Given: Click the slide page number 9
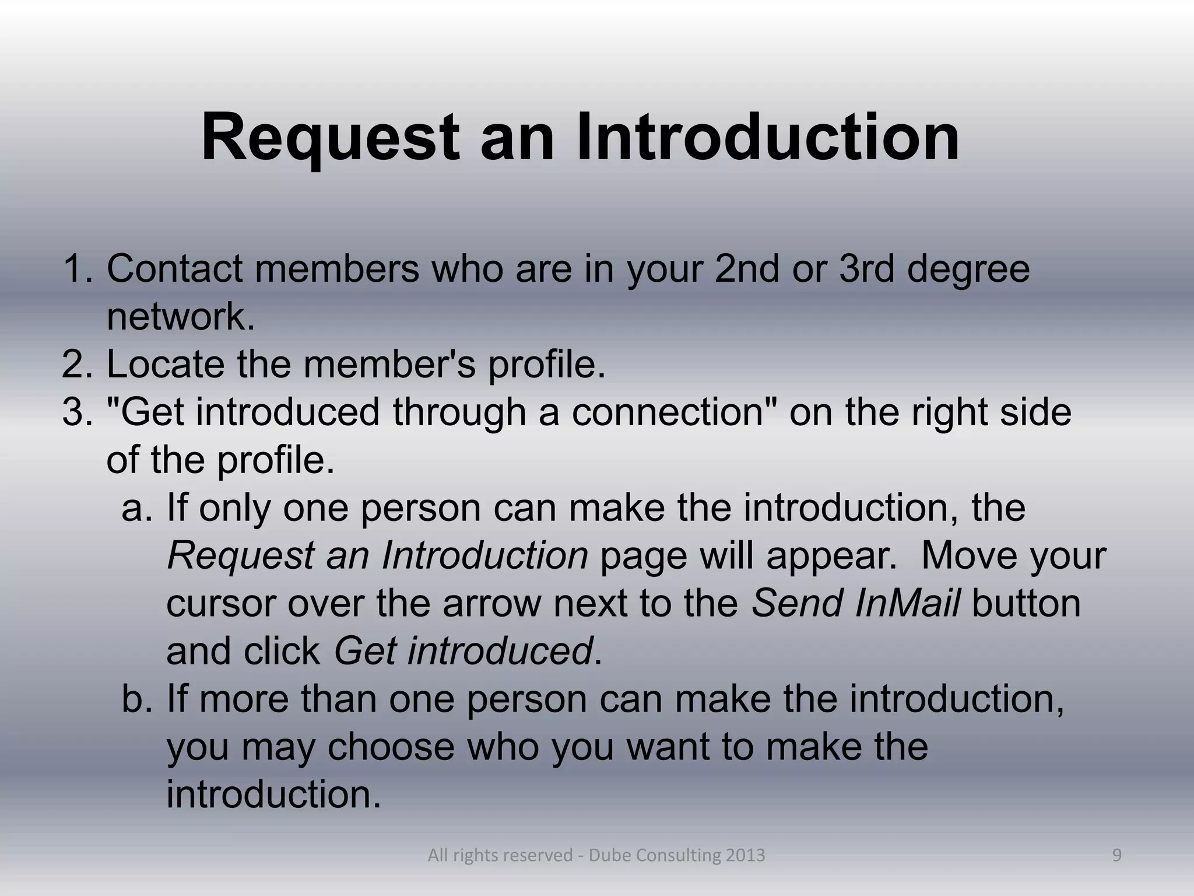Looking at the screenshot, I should (1116, 855).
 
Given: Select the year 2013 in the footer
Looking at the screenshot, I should (746, 856).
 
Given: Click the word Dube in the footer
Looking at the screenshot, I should (610, 856).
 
